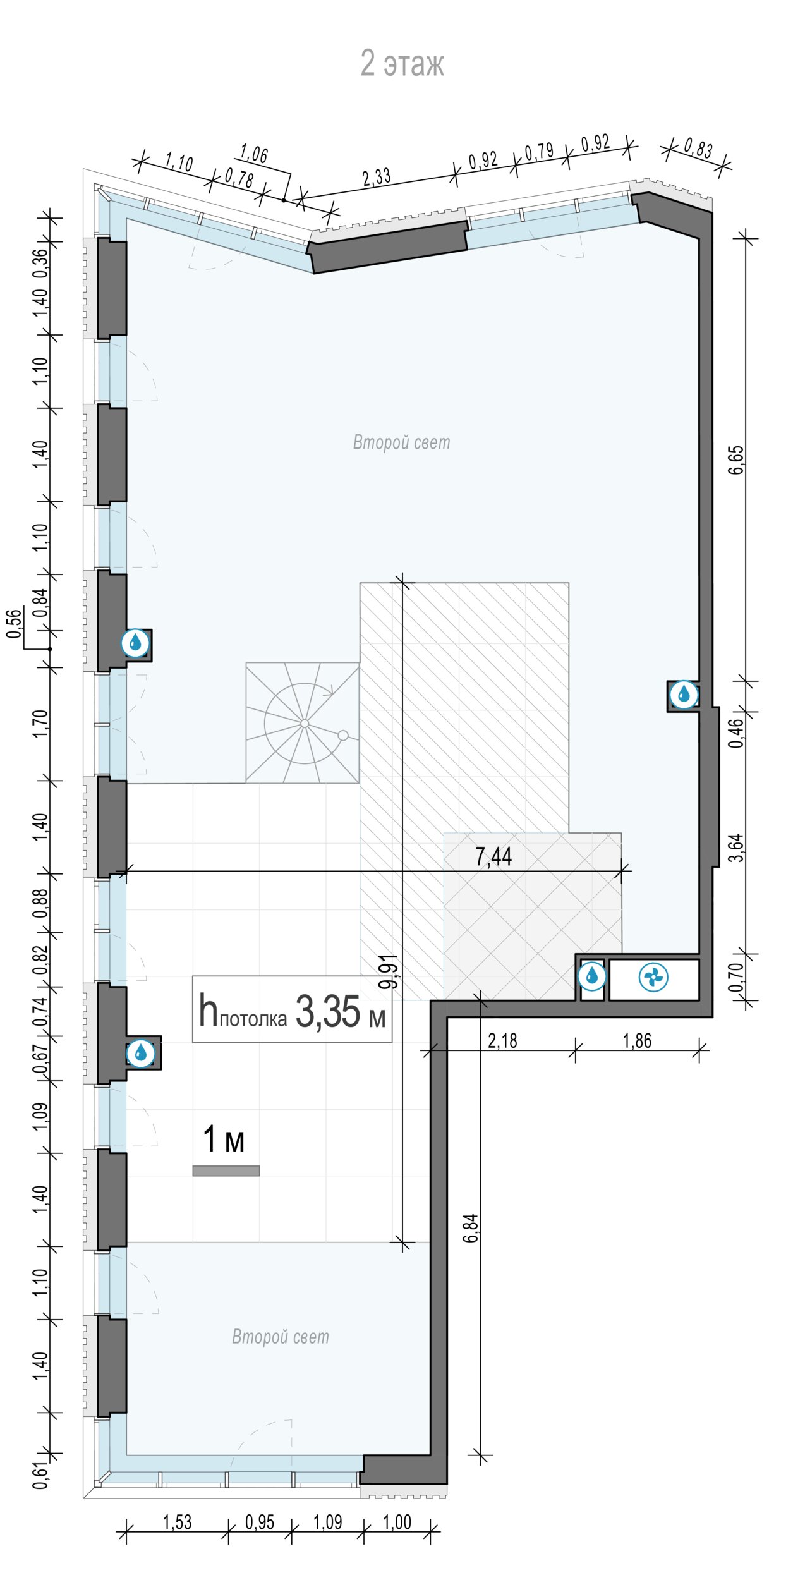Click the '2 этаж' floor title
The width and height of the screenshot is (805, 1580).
[402, 63]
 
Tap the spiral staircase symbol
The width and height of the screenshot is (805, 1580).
[303, 723]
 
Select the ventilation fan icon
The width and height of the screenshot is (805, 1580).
[653, 978]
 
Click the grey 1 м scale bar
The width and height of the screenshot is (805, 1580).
[226, 1170]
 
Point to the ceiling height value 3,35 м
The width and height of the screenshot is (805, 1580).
[341, 1011]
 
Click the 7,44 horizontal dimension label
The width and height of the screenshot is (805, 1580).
[493, 856]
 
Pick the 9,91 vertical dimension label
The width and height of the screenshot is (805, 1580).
[390, 971]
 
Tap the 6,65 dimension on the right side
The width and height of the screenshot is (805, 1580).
[737, 460]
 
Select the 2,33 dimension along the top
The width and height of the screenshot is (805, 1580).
[377, 177]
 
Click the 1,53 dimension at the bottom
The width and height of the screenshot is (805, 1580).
[178, 1522]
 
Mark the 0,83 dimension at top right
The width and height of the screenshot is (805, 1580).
[698, 149]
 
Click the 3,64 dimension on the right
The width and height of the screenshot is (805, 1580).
[737, 848]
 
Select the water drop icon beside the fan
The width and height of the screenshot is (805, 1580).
[592, 976]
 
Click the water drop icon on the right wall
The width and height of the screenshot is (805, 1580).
[684, 695]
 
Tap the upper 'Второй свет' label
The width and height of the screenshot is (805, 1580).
[402, 442]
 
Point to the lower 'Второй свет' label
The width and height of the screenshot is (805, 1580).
[281, 1337]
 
